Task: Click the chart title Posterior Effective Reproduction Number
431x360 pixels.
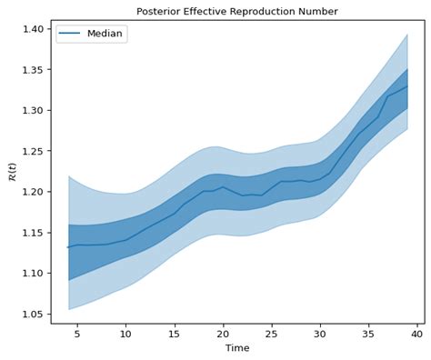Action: point(236,11)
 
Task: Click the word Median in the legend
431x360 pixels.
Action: point(105,34)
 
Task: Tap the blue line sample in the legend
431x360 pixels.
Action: point(71,34)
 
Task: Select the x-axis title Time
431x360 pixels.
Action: point(236,348)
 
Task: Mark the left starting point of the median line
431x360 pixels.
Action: point(67,247)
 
